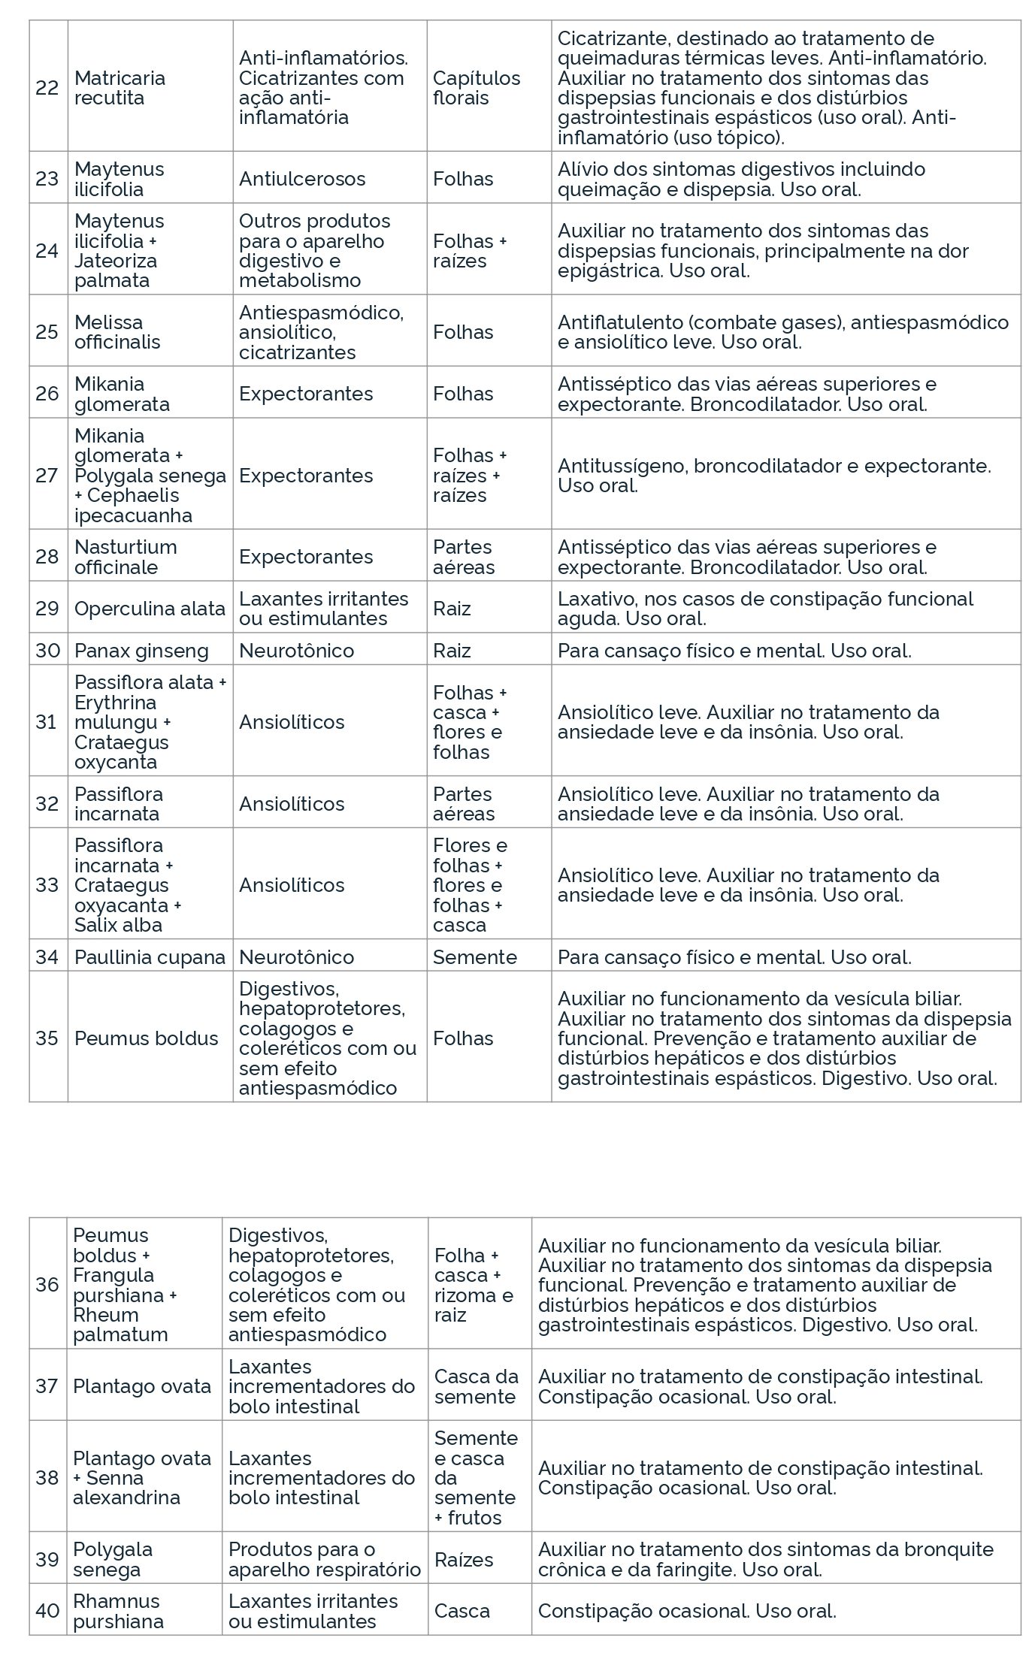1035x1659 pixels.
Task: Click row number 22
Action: point(47,88)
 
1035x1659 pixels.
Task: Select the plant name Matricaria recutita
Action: point(120,88)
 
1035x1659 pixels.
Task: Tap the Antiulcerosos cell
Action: point(302,179)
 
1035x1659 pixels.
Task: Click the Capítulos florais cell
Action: point(477,88)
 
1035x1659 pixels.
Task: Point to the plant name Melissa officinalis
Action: point(117,331)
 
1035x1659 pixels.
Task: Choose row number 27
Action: point(47,475)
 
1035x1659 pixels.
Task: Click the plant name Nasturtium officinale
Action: point(126,557)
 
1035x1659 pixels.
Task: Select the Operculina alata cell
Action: point(150,608)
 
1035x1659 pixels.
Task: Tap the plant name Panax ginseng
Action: point(141,650)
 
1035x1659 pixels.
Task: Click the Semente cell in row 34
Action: point(475,956)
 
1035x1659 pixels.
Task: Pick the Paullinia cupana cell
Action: point(150,956)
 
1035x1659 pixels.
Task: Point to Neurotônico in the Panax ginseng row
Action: point(296,650)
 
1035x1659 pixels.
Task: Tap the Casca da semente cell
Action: point(477,1386)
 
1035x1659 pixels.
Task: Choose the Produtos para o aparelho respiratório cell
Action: point(324,1559)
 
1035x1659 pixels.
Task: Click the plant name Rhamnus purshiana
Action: point(118,1611)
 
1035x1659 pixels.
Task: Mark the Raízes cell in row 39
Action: point(464,1560)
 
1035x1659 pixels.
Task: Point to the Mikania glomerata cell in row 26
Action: point(122,394)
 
